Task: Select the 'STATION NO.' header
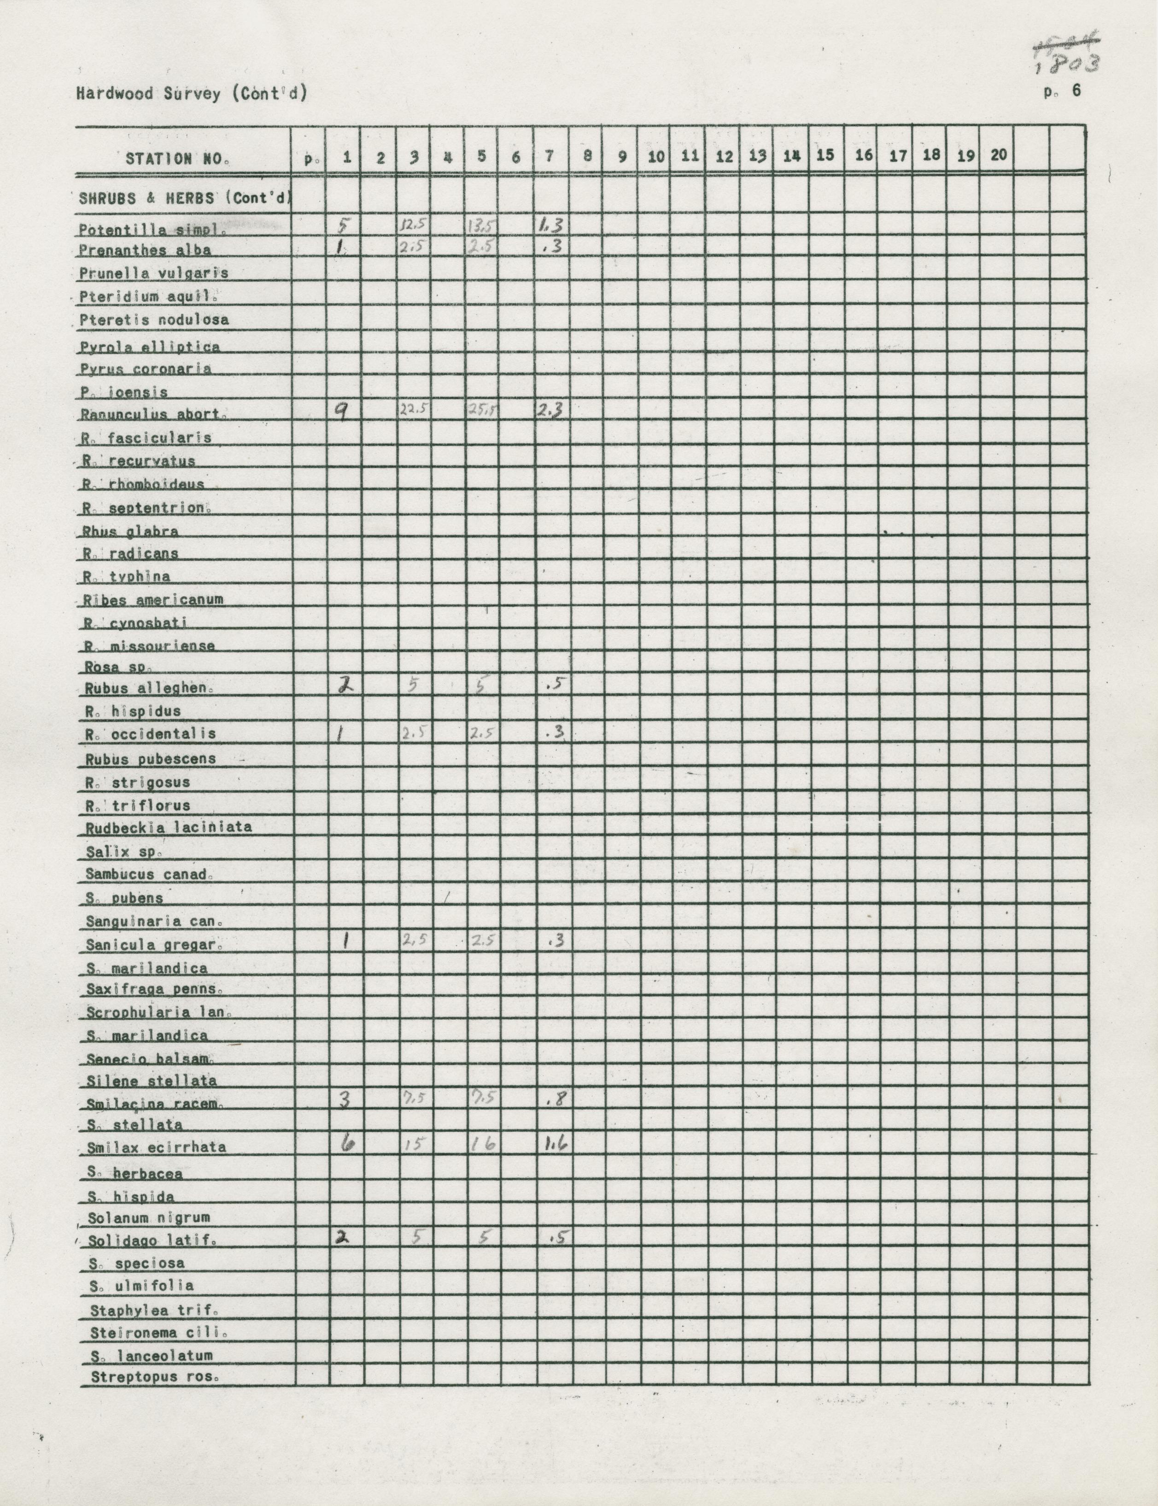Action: pos(178,159)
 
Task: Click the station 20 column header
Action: pos(998,155)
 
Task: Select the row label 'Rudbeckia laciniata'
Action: pos(168,827)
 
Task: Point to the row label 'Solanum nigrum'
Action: pos(149,1218)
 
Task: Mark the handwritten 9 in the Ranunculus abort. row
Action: pos(342,412)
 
